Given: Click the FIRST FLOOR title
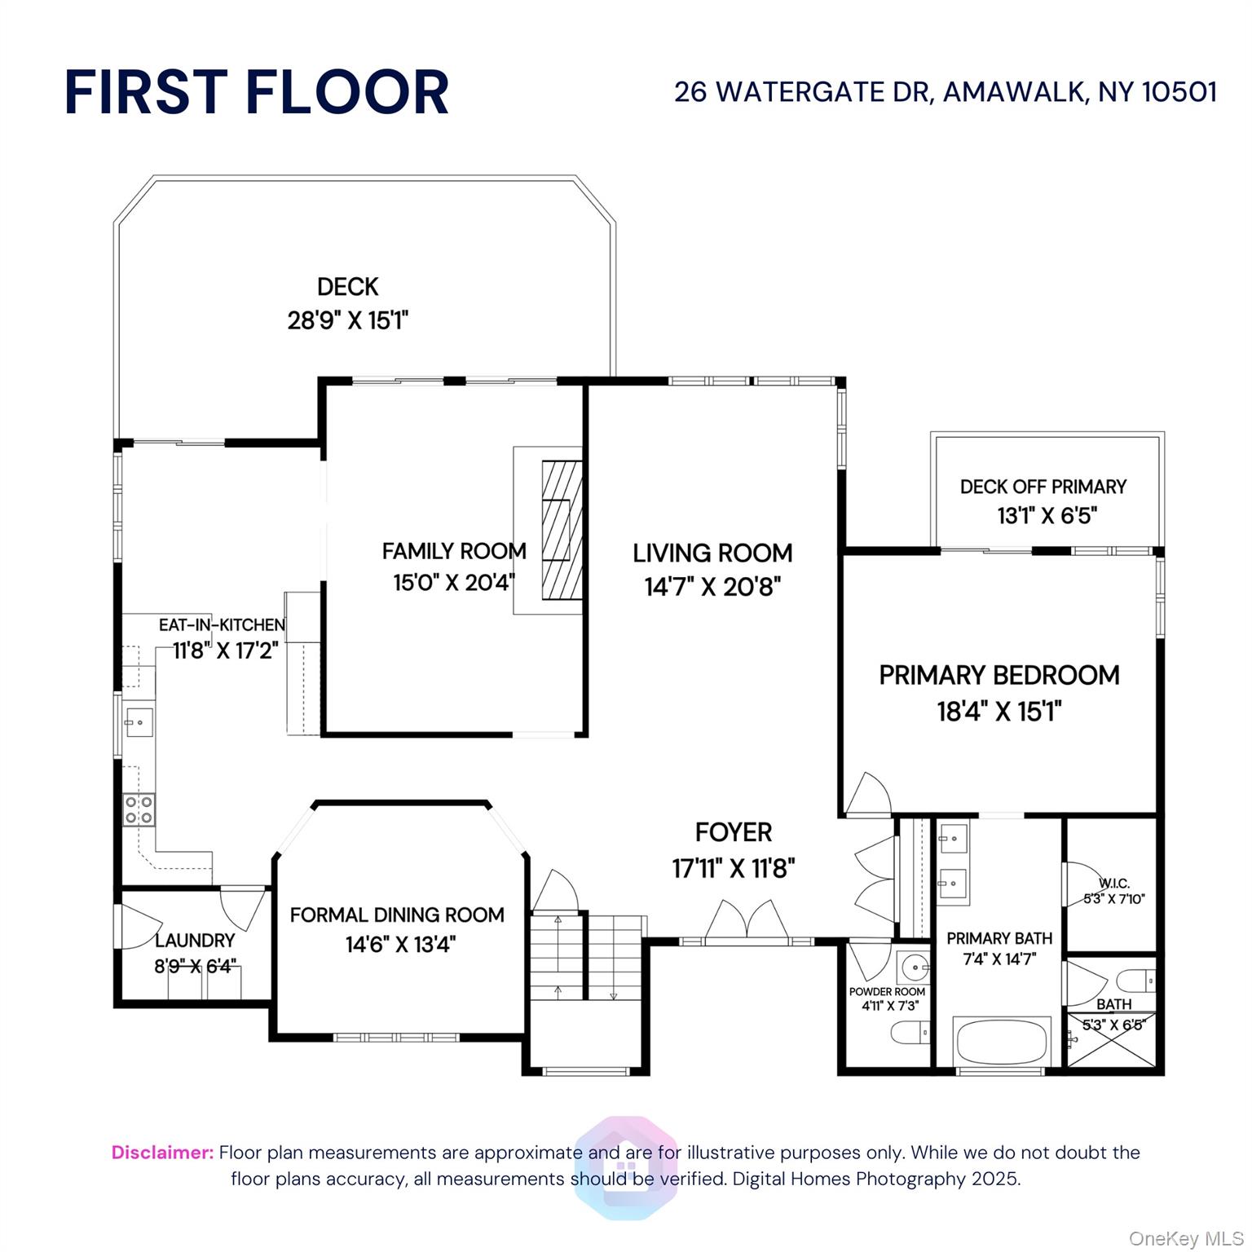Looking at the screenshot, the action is [257, 91].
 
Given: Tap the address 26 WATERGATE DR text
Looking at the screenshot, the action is [802, 92].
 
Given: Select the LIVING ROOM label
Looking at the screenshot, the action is [712, 553].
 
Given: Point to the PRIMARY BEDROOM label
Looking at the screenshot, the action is [999, 675].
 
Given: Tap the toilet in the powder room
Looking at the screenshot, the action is [910, 1034].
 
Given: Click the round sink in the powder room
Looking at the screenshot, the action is [915, 968].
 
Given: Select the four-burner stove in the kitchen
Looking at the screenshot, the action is [139, 809].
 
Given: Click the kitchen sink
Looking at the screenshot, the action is [138, 722].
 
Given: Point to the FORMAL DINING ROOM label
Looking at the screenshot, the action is [397, 915].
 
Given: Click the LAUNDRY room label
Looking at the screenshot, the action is [195, 941].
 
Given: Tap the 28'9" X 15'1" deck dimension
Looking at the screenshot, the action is [347, 320].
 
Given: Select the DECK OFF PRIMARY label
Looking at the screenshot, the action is [1043, 487].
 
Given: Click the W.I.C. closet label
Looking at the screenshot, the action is [1114, 884].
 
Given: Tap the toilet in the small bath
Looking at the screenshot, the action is [1136, 979].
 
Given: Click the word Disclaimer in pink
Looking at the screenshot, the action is [162, 1153].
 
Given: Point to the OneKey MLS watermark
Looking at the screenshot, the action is [1185, 1239].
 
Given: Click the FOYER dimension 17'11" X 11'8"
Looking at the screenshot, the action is [734, 869].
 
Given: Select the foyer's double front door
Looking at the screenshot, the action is [747, 921].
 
